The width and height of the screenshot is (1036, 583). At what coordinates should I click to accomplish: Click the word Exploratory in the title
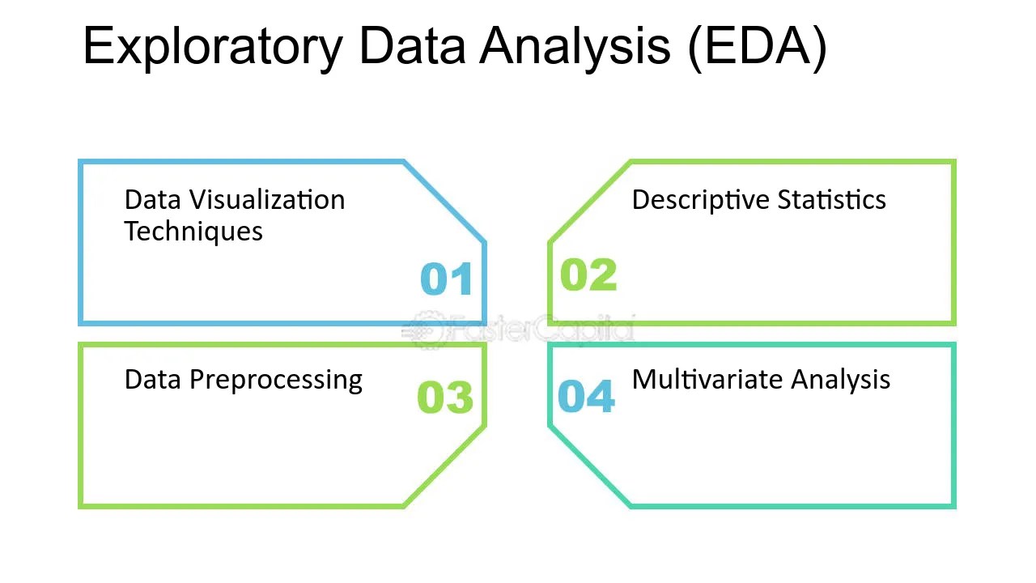tap(213, 47)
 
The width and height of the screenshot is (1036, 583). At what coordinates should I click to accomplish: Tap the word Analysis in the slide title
tap(575, 47)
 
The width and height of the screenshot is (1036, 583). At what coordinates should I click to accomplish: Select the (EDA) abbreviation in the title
tap(757, 47)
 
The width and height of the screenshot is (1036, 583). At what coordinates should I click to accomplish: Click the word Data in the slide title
tap(412, 47)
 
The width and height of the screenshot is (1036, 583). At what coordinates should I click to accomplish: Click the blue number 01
tap(447, 279)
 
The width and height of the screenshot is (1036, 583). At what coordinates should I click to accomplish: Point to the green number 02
tap(588, 275)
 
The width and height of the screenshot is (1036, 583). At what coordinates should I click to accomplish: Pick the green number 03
tap(445, 398)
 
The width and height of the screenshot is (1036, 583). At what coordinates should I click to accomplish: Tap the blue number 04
tap(587, 397)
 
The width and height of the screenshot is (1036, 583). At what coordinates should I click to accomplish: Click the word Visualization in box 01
tap(268, 200)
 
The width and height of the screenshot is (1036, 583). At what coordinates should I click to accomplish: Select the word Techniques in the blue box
tap(193, 232)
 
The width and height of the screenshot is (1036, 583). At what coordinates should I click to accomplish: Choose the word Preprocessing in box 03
tap(275, 381)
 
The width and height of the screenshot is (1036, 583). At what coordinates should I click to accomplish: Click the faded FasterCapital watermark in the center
tap(518, 330)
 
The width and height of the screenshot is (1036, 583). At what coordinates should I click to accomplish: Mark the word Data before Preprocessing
tap(152, 380)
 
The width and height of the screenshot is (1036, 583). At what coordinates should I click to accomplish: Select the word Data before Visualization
tap(152, 200)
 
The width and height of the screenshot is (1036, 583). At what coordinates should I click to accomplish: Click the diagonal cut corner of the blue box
tap(444, 202)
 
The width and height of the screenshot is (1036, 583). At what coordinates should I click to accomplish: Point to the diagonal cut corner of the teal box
tap(588, 467)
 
